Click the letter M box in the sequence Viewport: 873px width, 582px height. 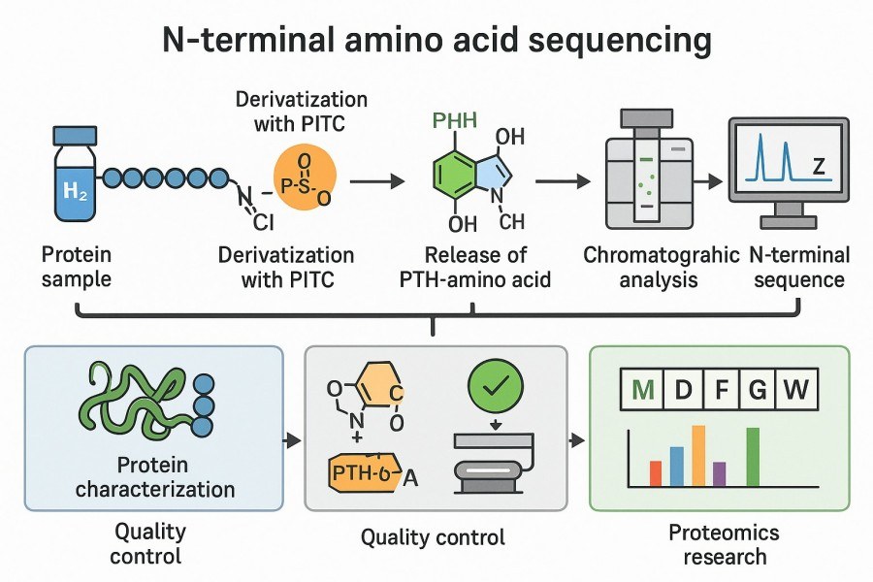tap(640, 391)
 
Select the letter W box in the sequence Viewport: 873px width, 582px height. tap(795, 391)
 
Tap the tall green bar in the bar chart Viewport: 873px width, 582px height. tap(753, 457)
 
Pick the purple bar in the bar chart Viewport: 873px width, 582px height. tap(719, 473)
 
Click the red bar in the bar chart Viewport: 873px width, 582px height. tap(656, 473)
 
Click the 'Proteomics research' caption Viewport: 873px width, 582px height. tap(723, 544)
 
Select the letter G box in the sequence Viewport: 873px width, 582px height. tap(757, 391)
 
